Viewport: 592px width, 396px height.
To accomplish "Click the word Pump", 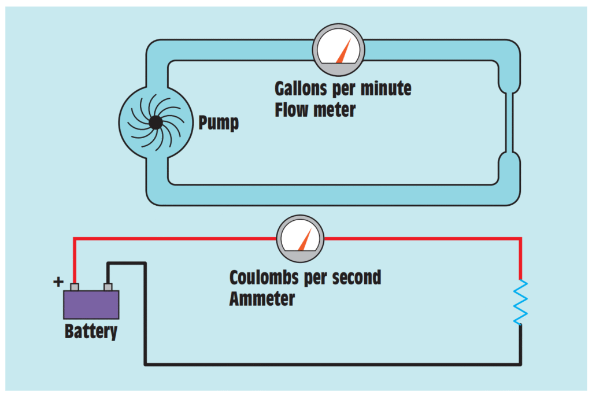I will [219, 123].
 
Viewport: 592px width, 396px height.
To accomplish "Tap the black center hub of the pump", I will [155, 123].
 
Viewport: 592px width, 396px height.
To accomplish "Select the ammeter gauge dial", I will [300, 238].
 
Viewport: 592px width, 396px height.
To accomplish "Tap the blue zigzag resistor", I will [521, 302].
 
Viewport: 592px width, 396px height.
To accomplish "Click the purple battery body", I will [91, 305].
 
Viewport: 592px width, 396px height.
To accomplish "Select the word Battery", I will [91, 332].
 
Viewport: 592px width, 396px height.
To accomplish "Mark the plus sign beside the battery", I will [57, 282].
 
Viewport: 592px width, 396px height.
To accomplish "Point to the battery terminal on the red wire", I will [74, 287].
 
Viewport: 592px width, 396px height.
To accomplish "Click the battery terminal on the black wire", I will [108, 287].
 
